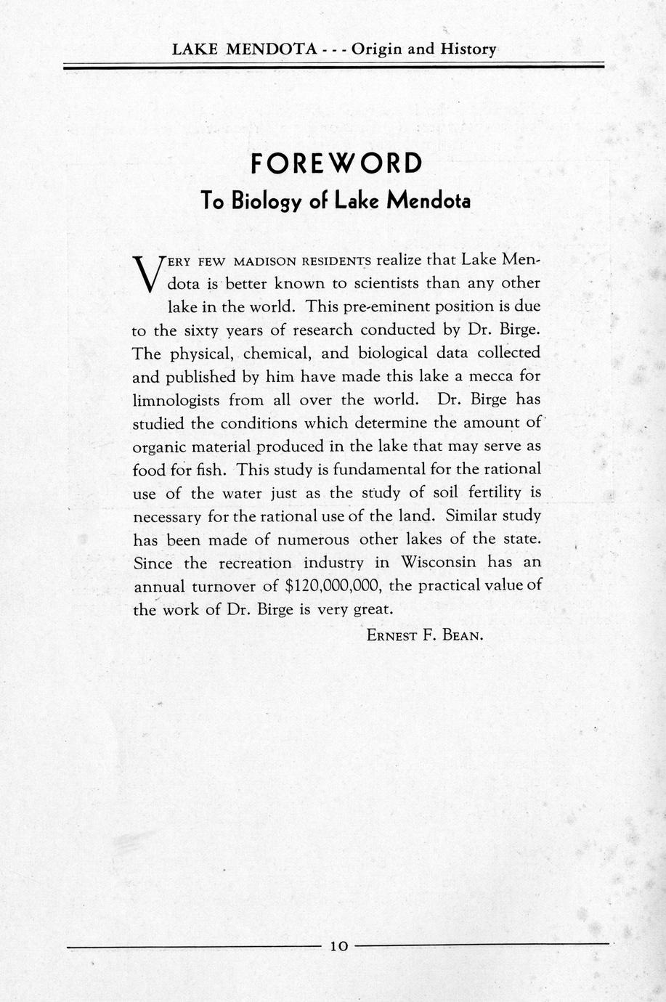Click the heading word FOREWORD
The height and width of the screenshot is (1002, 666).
coord(336,163)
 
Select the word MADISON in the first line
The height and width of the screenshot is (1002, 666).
coord(265,261)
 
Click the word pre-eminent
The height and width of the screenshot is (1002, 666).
coord(391,306)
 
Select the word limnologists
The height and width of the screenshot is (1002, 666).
coord(176,400)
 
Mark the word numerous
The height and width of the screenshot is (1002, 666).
coord(300,539)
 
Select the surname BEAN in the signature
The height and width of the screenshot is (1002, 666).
coord(463,636)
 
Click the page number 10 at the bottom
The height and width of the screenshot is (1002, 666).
coord(339,945)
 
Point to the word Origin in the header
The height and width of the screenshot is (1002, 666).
coord(377,49)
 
